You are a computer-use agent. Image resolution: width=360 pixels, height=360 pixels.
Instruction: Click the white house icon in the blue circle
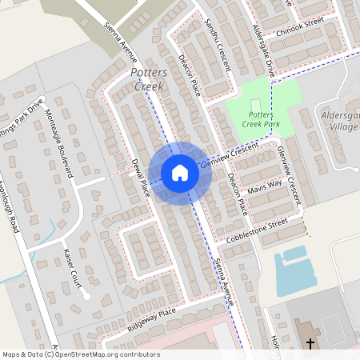180,173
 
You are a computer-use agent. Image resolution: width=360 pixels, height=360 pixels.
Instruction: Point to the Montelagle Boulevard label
60,142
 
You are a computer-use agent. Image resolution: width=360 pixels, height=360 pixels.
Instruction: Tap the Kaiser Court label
72,269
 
